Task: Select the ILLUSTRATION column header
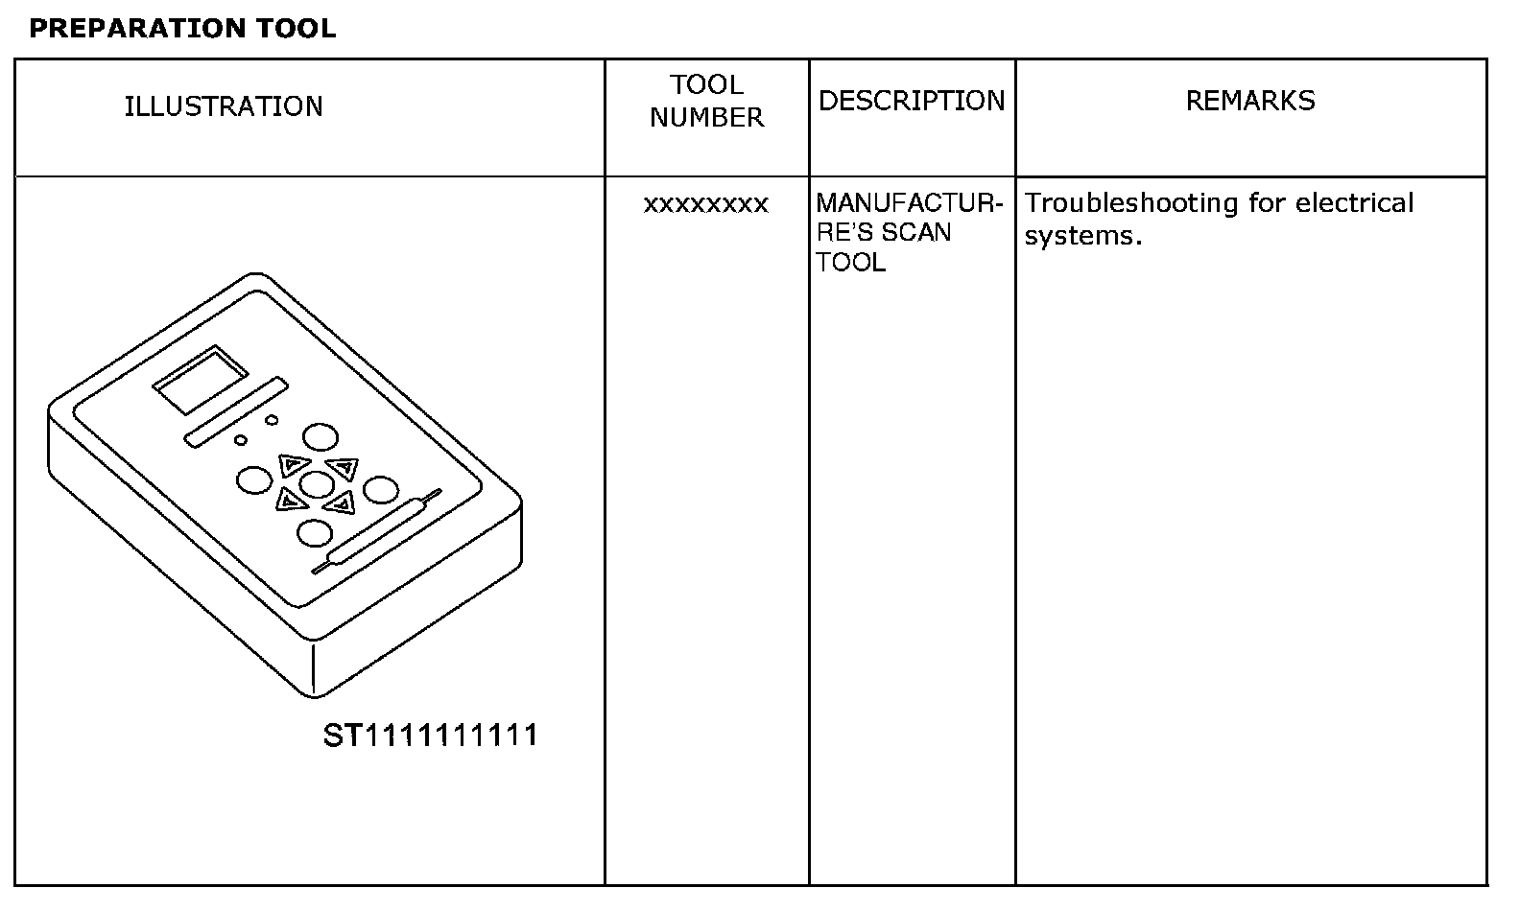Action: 224,106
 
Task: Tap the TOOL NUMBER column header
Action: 707,101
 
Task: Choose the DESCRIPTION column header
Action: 912,101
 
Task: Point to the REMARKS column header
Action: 1250,101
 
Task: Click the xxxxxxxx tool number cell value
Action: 706,204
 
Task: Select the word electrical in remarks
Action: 1354,203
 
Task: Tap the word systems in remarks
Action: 1082,236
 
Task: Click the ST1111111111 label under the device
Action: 431,736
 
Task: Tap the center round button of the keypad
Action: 316,484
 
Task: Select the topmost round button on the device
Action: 321,438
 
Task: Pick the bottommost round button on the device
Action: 315,532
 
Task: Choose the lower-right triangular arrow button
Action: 339,502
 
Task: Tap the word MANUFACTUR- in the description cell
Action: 909,203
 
